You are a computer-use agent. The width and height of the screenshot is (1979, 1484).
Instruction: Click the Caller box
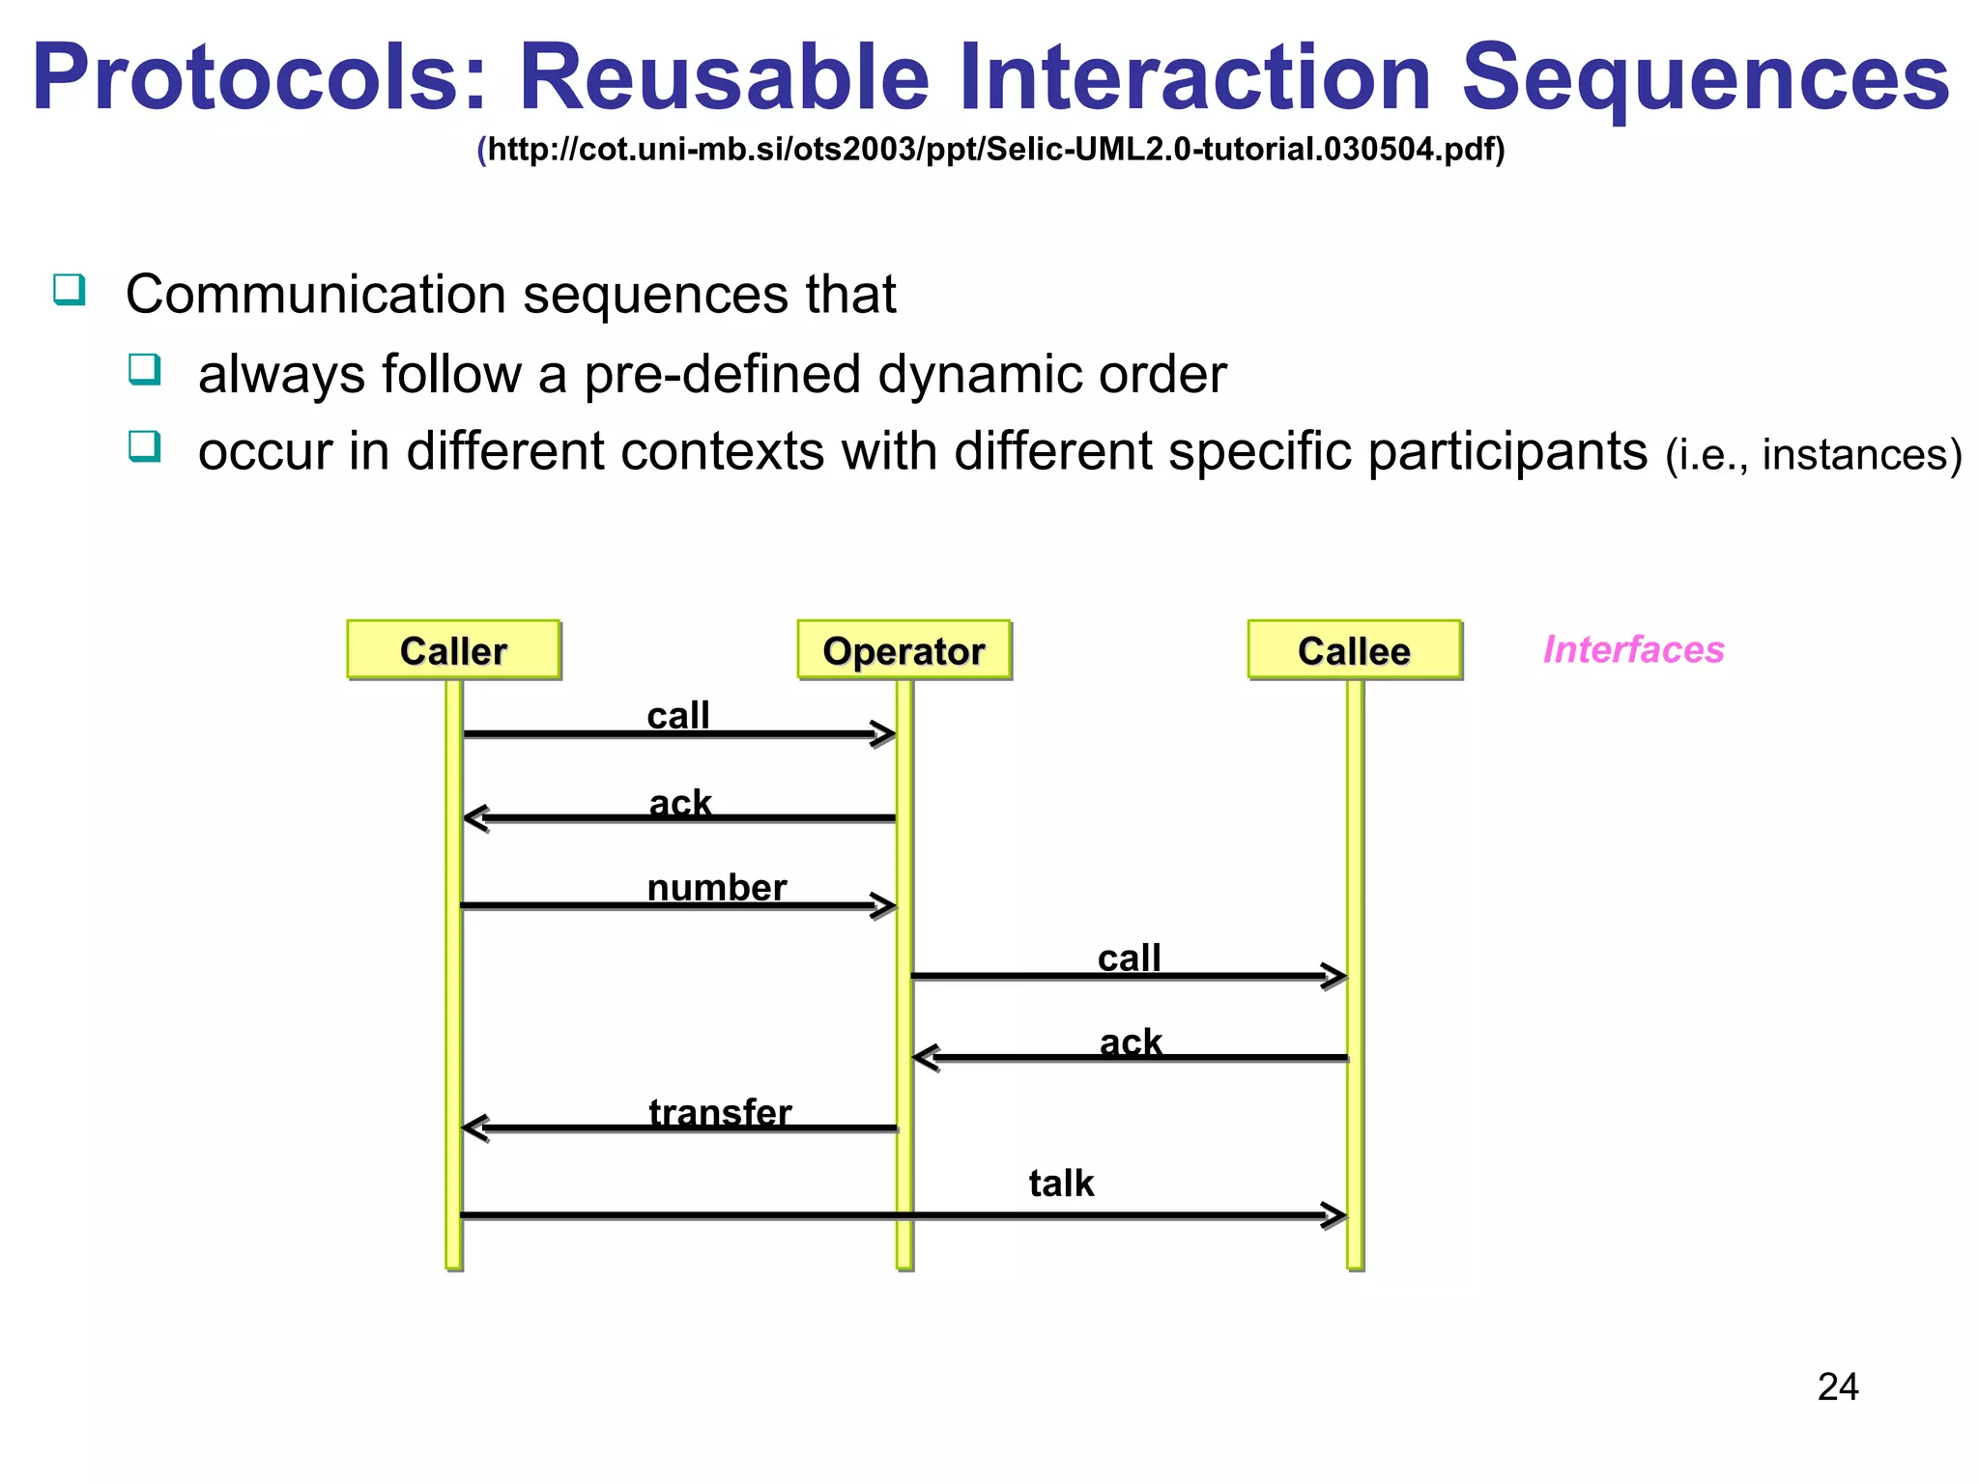(453, 650)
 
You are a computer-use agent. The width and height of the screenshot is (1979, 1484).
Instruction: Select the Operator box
(903, 650)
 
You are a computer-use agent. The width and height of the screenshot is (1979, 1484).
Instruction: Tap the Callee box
(1354, 650)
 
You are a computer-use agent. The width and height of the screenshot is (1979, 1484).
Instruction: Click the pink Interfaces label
(1633, 649)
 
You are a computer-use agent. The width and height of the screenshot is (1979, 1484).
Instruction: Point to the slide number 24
(1837, 1386)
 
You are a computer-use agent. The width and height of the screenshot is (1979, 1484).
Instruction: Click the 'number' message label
(716, 887)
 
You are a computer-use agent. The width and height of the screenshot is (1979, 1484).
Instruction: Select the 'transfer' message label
(720, 1112)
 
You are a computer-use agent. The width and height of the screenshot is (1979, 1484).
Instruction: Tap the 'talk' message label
(1061, 1183)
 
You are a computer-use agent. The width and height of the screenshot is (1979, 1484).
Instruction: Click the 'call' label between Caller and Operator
(678, 716)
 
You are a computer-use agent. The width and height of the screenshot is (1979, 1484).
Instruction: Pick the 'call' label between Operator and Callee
(1129, 957)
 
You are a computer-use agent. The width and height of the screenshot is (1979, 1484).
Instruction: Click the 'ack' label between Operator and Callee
(1131, 1042)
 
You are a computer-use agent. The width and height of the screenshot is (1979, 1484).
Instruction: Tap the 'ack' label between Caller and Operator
(680, 802)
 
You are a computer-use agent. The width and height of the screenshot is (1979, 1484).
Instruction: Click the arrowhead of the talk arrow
(1335, 1215)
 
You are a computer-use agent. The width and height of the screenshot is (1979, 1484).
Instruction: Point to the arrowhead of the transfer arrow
(473, 1127)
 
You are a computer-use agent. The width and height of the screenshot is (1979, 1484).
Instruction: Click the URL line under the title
(991, 150)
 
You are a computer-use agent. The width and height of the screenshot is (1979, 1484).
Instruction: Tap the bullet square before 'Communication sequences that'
(70, 289)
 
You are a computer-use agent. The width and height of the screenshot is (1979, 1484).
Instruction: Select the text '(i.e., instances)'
(1813, 454)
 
